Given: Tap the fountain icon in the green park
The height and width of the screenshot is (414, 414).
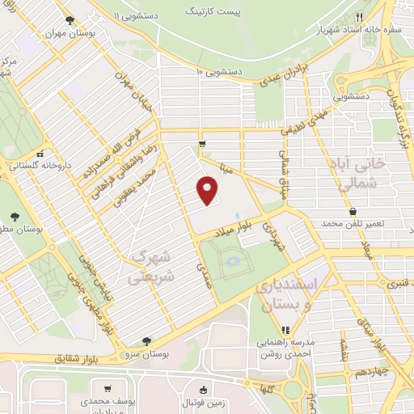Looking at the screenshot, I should click(234, 261).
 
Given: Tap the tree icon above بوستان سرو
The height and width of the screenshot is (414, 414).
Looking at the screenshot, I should click(146, 342).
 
